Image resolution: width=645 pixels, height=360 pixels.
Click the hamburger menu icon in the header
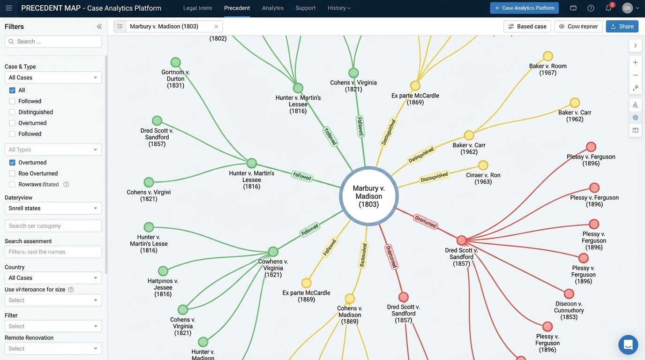(x=9, y=8)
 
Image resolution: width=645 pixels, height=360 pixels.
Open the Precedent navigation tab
(x=237, y=8)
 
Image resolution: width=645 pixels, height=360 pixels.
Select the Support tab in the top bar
(x=305, y=8)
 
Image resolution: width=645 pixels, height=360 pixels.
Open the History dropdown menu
(x=339, y=8)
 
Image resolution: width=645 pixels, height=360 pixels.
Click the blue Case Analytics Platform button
(x=524, y=8)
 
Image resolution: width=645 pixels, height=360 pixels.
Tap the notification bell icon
(x=608, y=8)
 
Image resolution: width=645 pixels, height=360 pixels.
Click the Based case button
(x=527, y=26)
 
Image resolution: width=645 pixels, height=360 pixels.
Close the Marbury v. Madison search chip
(x=216, y=26)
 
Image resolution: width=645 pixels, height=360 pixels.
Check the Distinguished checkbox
(x=12, y=112)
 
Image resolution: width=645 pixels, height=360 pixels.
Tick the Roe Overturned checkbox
(x=12, y=173)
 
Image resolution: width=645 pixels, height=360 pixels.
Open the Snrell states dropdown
(x=53, y=208)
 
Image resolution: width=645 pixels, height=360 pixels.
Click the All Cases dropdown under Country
(x=53, y=278)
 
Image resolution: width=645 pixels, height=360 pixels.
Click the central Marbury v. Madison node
(x=369, y=195)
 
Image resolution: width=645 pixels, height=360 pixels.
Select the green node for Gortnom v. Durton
(x=176, y=62)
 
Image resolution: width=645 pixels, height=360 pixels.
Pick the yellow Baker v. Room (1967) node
(x=548, y=56)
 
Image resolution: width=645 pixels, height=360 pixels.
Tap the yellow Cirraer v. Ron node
(x=483, y=165)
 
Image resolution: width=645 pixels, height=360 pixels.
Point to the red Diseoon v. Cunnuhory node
(x=569, y=294)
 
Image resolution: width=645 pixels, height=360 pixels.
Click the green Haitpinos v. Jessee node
(x=163, y=271)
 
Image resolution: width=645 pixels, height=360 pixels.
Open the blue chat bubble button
(x=628, y=345)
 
